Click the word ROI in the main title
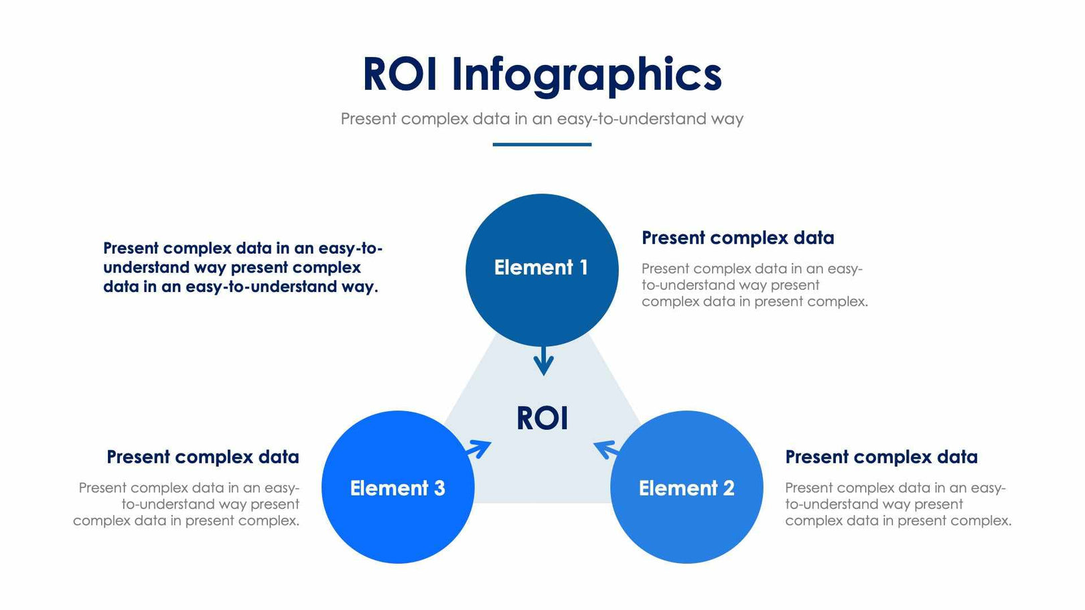(x=400, y=74)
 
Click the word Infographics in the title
(x=587, y=75)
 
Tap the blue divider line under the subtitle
(x=542, y=144)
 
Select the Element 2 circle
(x=686, y=522)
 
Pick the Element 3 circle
(x=398, y=522)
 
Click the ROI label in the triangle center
(x=542, y=418)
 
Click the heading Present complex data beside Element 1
(x=737, y=238)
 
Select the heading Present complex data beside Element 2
(x=881, y=457)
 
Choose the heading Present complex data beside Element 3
(x=203, y=457)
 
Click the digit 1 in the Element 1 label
(x=583, y=268)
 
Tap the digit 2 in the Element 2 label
(x=728, y=488)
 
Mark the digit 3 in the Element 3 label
(x=439, y=488)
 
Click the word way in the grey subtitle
(x=727, y=119)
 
